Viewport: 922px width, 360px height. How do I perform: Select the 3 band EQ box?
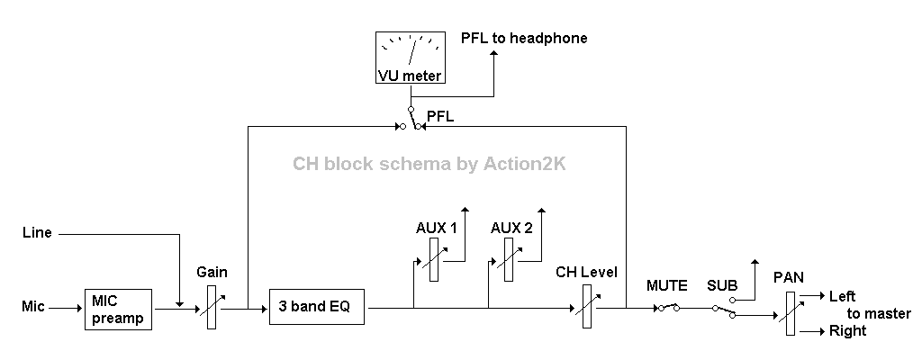tap(318, 308)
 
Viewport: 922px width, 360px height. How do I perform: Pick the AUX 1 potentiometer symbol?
tap(433, 260)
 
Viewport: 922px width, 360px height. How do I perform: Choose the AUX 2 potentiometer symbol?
tap(509, 260)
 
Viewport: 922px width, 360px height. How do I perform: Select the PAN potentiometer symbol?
tap(790, 314)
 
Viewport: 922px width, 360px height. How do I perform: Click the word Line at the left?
tap(37, 233)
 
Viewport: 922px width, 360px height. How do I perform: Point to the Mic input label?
tap(33, 308)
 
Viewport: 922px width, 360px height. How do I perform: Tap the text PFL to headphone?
tap(524, 38)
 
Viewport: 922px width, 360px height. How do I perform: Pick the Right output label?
tap(847, 331)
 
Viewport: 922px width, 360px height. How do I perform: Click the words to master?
tap(879, 313)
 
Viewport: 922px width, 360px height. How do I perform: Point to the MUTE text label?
tap(666, 286)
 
